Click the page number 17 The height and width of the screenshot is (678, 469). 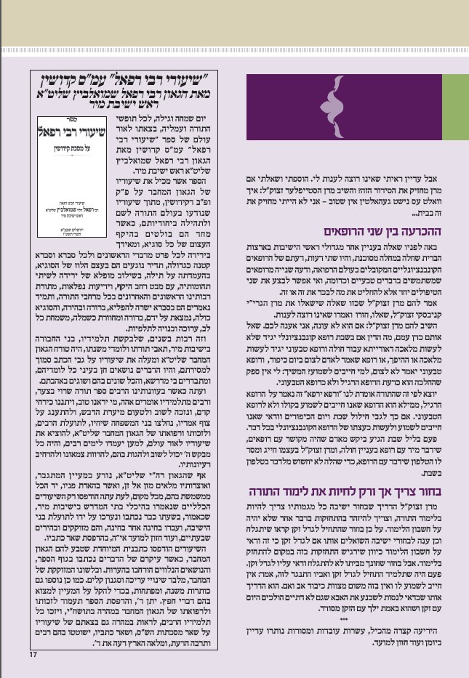tap(33, 655)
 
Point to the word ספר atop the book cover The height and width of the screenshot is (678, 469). tap(67, 124)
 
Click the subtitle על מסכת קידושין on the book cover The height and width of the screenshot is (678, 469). tap(67, 153)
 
